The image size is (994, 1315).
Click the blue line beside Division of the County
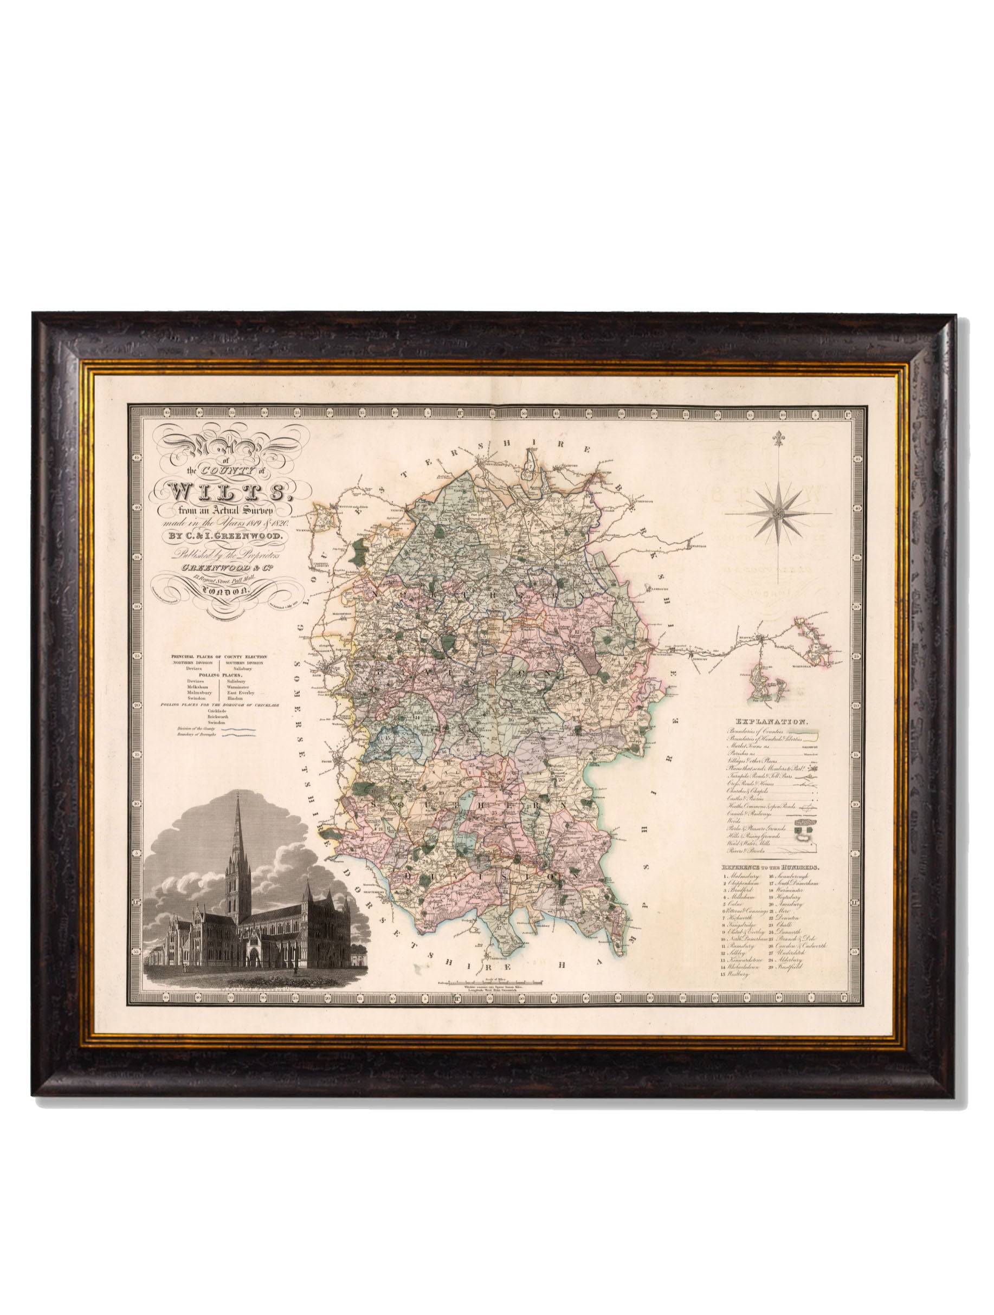click(239, 728)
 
